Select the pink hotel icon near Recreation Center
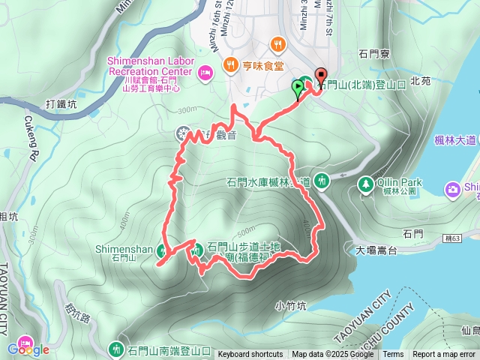(206, 72)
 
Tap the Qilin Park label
(401, 181)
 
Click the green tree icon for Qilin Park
(366, 184)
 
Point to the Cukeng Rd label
(35, 136)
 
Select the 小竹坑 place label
(291, 304)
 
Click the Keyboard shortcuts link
(250, 355)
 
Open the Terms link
(393, 355)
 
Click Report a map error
(444, 355)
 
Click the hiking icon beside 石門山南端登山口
(115, 349)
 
